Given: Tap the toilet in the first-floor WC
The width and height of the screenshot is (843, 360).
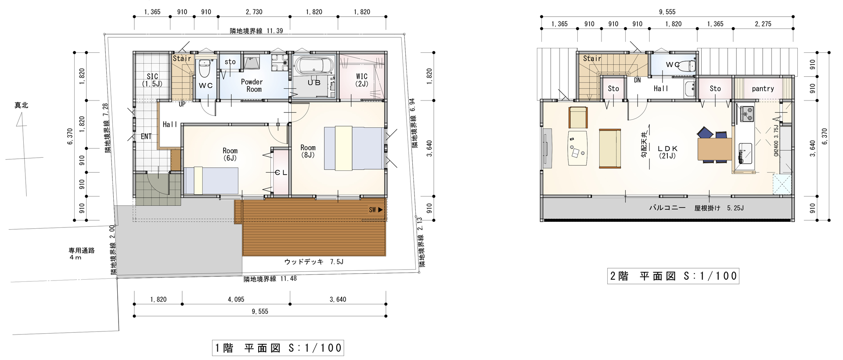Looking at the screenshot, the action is pos(205,68).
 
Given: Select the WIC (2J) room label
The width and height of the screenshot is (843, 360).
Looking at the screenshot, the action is pos(362,80).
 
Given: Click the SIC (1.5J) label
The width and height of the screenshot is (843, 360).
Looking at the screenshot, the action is pos(152,80).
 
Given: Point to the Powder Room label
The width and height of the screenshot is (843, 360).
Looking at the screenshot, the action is pos(252,86).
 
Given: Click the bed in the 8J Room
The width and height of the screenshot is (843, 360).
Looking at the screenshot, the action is pos(354,148).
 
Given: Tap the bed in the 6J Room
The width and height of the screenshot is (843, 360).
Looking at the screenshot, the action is pos(211,180).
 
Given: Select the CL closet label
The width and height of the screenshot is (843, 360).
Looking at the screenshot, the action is pos(281,173).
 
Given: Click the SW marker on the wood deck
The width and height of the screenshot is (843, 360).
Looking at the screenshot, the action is pos(376,210).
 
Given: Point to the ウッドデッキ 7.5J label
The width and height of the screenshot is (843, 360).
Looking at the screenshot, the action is pos(313,262).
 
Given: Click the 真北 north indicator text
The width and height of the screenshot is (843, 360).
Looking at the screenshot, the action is pos(21,105).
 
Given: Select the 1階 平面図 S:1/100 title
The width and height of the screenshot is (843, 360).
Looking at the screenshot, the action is pos(278,348).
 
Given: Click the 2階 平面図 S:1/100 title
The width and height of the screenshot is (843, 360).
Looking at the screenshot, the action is pos(673,276).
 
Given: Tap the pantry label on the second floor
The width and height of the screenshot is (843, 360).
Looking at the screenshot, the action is pos(763,89).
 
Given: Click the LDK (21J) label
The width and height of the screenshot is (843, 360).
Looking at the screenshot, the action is pos(667,152).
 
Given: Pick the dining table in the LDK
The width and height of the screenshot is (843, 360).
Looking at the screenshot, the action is pos(714,149).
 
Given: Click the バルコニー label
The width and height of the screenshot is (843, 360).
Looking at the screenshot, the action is pos(667,208).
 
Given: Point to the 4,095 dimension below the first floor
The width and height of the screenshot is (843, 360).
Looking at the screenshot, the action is pos(236,299).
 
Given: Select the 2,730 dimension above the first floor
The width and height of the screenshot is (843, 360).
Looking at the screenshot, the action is pos(254,12).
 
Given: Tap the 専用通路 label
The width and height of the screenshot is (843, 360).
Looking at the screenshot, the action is pos(82,251).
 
